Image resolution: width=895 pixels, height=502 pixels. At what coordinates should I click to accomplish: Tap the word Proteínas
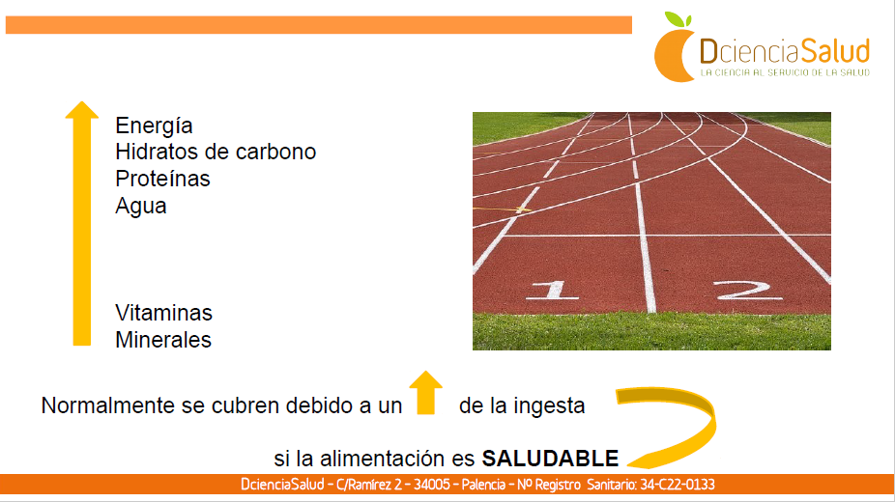click(162, 179)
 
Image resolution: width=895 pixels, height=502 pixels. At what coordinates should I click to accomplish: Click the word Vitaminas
click(163, 313)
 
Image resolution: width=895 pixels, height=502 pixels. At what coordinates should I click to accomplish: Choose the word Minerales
click(163, 340)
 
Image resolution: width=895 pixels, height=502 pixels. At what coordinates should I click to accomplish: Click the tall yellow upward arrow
click(82, 223)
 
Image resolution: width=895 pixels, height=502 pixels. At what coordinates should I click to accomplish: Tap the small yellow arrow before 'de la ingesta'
click(426, 393)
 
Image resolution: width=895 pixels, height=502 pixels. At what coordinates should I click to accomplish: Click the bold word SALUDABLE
click(550, 459)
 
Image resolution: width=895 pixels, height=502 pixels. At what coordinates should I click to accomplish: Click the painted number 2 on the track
click(748, 290)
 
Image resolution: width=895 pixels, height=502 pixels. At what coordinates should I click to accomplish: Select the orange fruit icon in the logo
click(674, 55)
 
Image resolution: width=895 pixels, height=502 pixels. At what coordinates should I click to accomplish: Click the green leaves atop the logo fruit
click(678, 19)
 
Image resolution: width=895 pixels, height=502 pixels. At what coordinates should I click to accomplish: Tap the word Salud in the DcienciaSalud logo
click(835, 51)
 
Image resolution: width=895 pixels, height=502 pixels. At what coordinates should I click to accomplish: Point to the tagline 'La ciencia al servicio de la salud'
click(785, 73)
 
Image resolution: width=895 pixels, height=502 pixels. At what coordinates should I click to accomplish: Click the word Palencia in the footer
click(483, 485)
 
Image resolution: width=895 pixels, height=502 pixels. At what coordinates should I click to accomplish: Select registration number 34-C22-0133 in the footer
click(677, 485)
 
